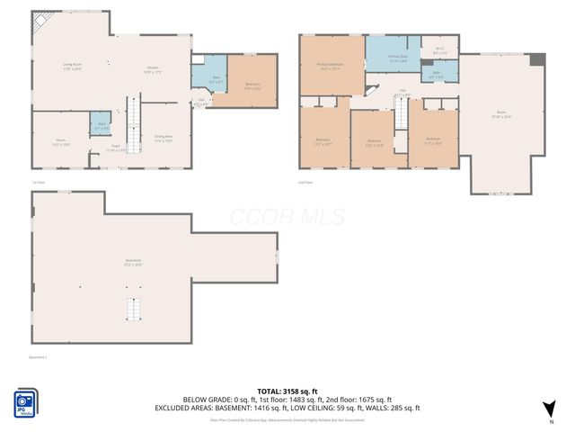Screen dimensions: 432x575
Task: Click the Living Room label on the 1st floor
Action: pos(72,67)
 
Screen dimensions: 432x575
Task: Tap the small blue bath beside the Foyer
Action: pos(99,125)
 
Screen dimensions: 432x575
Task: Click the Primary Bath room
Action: pos(398,59)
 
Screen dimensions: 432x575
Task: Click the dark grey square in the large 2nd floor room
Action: pos(537,59)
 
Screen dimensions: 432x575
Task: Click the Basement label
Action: pos(133,264)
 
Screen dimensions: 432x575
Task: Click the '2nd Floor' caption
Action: pos(305,183)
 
